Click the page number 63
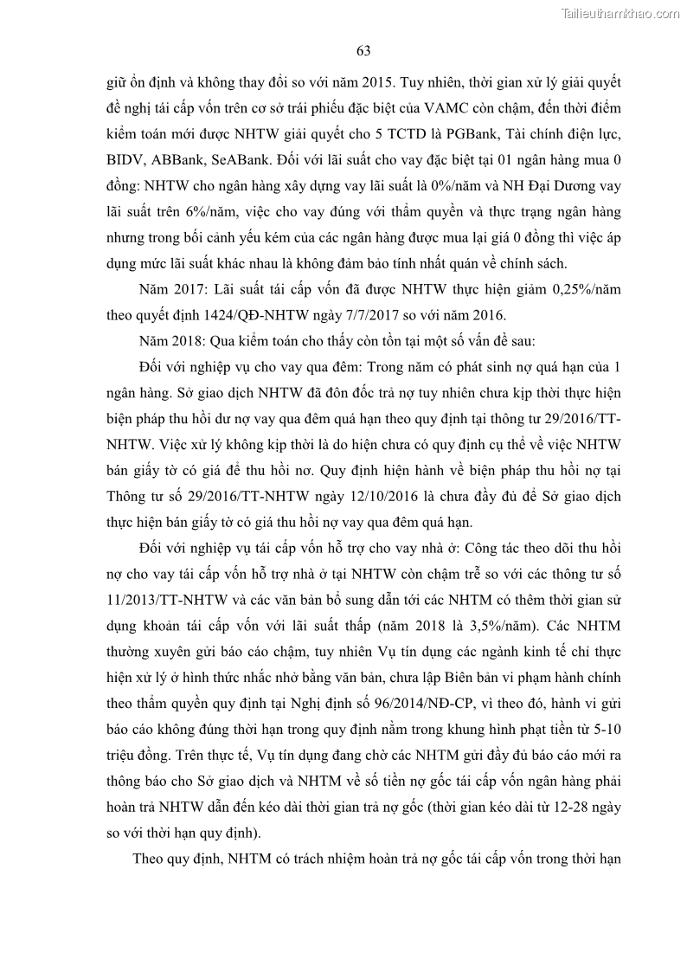pos(363,51)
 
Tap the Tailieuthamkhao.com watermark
pos(620,13)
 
